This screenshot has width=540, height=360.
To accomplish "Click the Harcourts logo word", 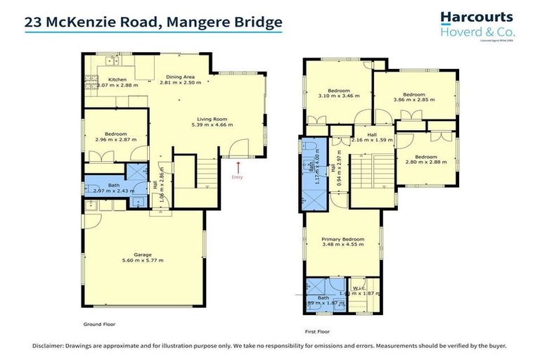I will click(476, 18).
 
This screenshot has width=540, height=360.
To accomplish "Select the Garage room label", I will click(143, 255).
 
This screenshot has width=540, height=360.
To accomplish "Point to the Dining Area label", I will click(180, 77).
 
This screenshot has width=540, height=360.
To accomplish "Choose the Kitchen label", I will click(117, 79).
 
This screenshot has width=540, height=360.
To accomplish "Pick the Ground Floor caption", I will click(98, 325).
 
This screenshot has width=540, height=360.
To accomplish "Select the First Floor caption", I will click(319, 330).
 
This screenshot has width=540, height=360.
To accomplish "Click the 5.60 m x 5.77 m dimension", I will click(143, 261).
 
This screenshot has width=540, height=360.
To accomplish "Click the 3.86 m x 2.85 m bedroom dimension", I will click(413, 101).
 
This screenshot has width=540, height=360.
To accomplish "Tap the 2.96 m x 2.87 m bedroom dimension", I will click(116, 139).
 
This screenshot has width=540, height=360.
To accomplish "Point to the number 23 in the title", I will click(33, 22).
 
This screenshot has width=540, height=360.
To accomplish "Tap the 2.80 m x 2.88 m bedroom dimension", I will click(425, 163).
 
